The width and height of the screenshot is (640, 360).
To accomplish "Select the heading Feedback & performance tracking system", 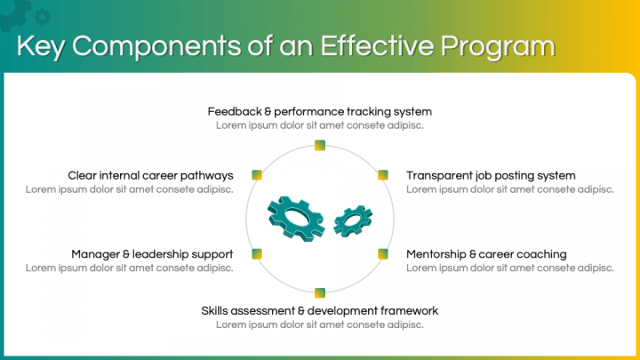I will click(319, 112).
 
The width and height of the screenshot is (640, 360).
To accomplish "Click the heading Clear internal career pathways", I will click(150, 175).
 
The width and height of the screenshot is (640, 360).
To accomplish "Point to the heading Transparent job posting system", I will click(491, 175).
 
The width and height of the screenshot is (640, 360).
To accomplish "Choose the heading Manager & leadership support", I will click(152, 254).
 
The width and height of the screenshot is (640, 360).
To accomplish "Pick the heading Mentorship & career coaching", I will click(486, 254).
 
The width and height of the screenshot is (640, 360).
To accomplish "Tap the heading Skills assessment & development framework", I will click(319, 311).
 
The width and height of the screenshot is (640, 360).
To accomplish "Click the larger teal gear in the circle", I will click(297, 216).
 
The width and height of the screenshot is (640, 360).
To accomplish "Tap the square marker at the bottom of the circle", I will click(319, 292).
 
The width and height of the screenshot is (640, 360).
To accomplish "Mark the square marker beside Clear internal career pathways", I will click(256, 175).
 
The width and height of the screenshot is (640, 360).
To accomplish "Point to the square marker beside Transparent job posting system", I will click(383, 175).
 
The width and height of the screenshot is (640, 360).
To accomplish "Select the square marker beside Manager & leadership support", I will click(256, 253).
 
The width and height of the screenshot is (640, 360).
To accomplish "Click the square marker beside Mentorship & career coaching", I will click(383, 253).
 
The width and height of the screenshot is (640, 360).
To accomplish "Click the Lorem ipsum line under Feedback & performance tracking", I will click(319, 125).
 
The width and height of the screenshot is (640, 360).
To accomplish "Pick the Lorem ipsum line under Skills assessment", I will click(319, 324).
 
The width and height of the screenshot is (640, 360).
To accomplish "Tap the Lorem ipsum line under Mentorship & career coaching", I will click(509, 268).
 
